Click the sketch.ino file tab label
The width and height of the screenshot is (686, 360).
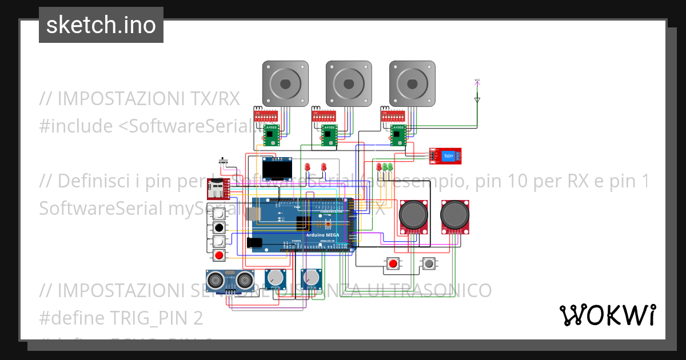click(x=101, y=25)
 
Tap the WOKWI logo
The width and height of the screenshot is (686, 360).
click(x=607, y=315)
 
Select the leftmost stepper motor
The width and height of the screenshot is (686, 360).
click(x=285, y=84)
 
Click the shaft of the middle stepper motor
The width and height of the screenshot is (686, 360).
click(x=349, y=84)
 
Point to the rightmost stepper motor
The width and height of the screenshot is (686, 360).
click(x=412, y=84)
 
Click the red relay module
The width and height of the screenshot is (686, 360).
click(x=446, y=155)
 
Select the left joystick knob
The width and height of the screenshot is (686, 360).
click(x=413, y=215)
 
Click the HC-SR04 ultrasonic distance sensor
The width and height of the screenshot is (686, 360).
click(x=230, y=280)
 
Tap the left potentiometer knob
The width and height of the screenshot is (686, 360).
click(x=277, y=278)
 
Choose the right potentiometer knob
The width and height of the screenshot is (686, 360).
click(x=312, y=278)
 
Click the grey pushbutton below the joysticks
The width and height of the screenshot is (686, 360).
click(x=428, y=263)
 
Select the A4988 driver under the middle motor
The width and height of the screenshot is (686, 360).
click(x=329, y=135)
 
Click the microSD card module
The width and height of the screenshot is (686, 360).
click(x=218, y=186)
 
